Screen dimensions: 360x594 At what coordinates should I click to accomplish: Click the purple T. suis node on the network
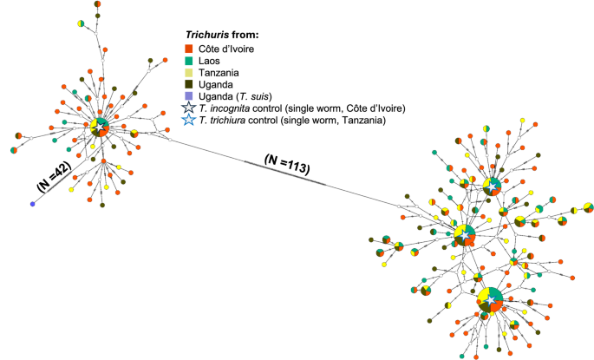[32, 204]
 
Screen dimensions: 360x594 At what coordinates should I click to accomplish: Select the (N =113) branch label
[286, 162]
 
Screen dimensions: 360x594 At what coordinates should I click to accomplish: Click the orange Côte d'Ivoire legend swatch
[188, 49]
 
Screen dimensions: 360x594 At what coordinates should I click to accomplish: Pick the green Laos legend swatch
[188, 61]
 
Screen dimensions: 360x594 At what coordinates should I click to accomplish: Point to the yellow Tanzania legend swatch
[188, 73]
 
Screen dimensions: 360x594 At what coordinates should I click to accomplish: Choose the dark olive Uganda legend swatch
[188, 85]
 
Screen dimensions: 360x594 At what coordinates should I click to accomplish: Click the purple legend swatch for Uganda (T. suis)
[188, 97]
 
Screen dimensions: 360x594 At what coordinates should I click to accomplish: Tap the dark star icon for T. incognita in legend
[188, 109]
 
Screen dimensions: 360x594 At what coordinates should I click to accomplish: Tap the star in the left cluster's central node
[101, 126]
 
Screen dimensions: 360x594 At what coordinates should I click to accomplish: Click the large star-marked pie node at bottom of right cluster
[493, 299]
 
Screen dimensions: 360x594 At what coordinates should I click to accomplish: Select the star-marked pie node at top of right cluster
[492, 185]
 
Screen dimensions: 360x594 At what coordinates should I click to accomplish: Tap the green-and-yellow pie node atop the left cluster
[80, 23]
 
